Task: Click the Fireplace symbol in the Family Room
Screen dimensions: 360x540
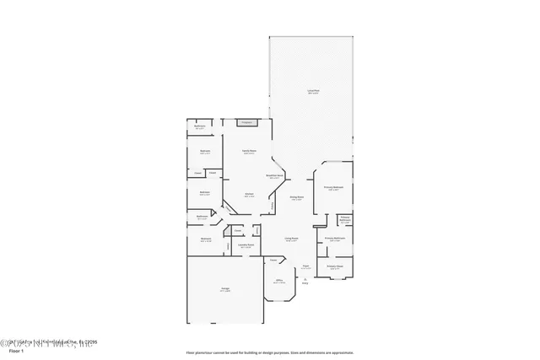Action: [x=248, y=122]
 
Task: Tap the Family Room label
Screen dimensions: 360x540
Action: [x=249, y=152]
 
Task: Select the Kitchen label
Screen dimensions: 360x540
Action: [x=250, y=195]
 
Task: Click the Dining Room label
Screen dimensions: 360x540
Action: [x=296, y=198]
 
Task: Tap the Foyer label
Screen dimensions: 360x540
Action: [x=305, y=267]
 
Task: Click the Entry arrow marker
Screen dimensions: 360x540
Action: [x=305, y=281]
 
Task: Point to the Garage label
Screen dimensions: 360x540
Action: [x=225, y=289]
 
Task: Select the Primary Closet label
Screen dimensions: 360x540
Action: [x=334, y=267]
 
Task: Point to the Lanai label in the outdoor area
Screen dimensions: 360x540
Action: [x=312, y=90]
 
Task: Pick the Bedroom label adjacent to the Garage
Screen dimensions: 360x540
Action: [x=206, y=239]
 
